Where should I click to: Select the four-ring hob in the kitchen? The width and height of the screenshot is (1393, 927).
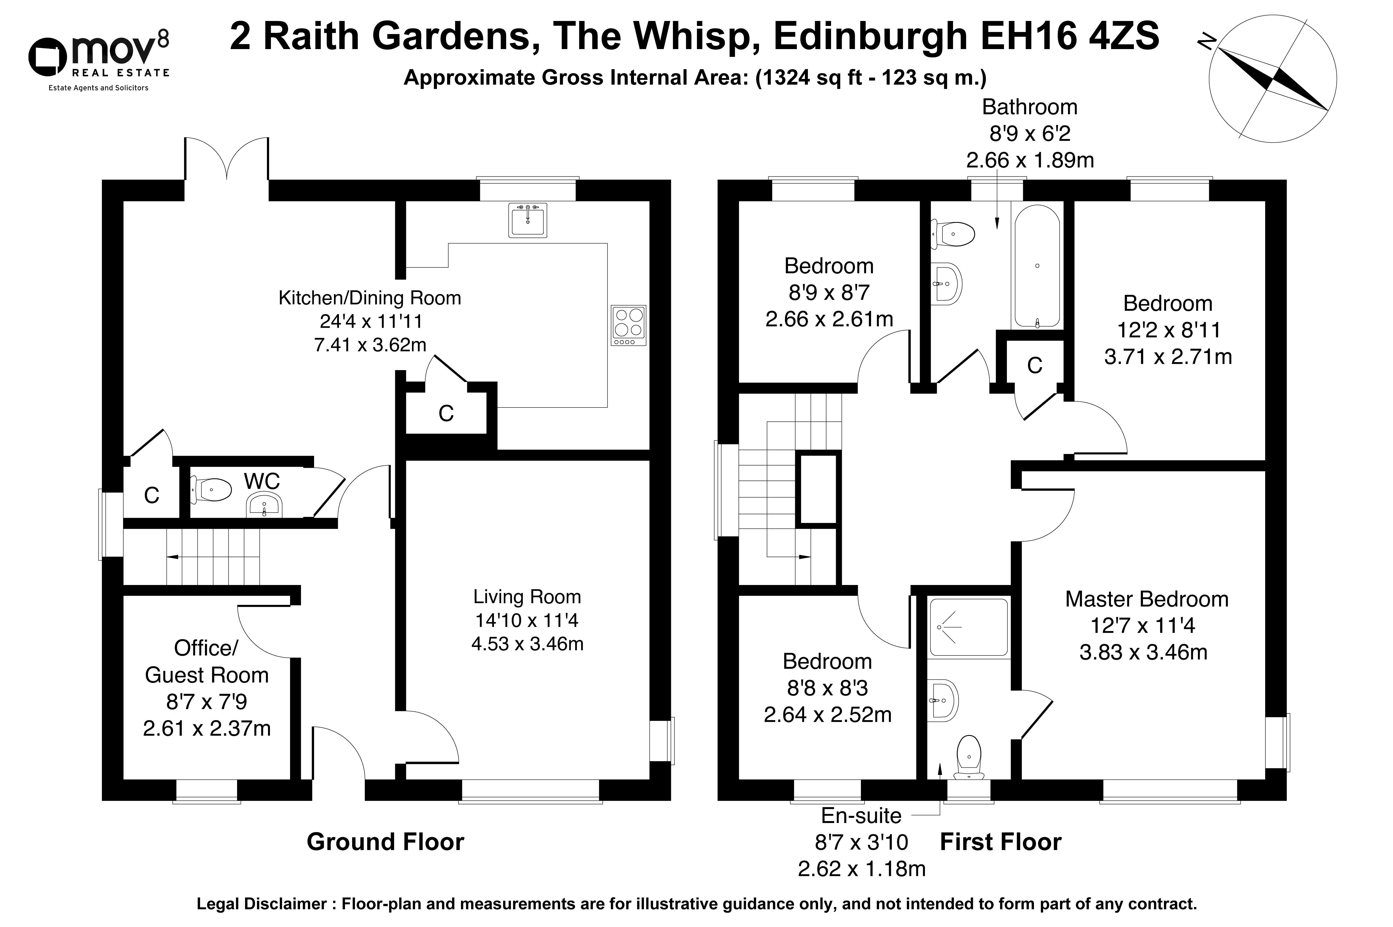click(628, 325)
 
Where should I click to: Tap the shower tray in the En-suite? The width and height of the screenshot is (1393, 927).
click(968, 627)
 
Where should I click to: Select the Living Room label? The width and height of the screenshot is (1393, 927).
click(527, 596)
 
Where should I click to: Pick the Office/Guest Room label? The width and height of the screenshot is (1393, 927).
click(206, 662)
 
